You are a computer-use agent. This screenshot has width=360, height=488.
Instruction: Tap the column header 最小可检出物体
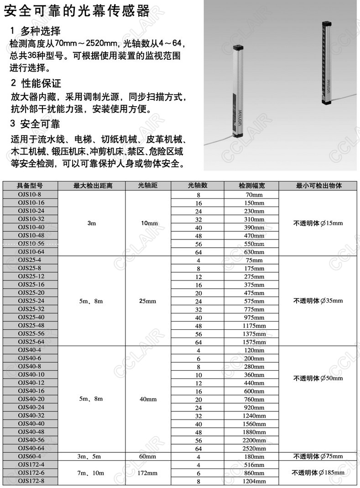click(x=319, y=186)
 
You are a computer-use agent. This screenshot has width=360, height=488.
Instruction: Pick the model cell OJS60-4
click(x=31, y=457)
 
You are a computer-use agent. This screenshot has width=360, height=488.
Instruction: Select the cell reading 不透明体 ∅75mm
click(x=319, y=457)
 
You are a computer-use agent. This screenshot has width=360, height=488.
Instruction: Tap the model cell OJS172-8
click(x=31, y=481)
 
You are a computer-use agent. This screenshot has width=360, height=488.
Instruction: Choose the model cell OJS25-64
click(x=31, y=342)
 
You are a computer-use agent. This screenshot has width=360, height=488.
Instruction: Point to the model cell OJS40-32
click(x=31, y=415)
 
